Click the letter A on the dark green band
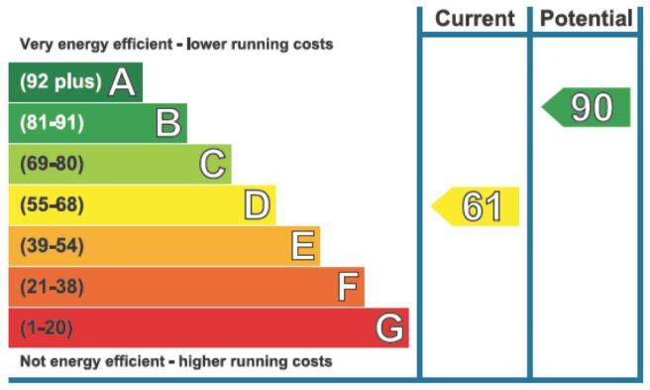click(122, 82)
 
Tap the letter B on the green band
click(168, 123)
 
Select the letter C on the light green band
click(213, 164)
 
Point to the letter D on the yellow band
click(257, 204)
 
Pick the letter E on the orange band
click(303, 246)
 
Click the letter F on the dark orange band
click(348, 287)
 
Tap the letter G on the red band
click(389, 327)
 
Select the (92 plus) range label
click(60, 81)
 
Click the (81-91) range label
click(52, 122)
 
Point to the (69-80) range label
click(52, 163)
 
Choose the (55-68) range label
click(52, 204)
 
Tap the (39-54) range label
click(52, 245)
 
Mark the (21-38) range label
click(52, 287)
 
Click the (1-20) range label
click(47, 327)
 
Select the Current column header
click(475, 19)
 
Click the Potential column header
click(587, 19)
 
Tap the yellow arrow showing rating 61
click(475, 206)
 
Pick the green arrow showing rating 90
click(587, 107)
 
